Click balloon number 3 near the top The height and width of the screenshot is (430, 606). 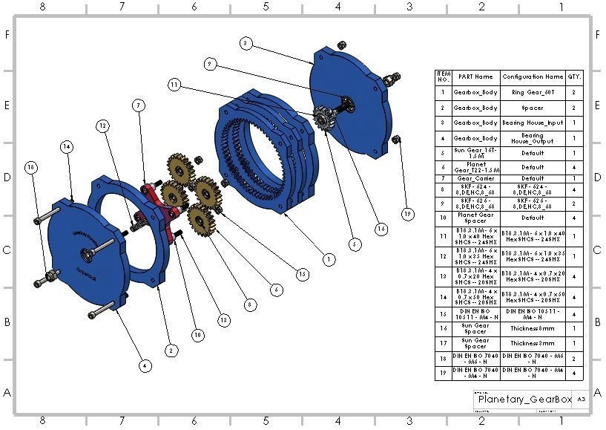[x=246, y=44]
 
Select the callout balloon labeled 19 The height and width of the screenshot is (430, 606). [x=407, y=215]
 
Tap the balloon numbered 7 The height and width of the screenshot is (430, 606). [x=138, y=105]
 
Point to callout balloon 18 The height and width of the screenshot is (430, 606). [x=30, y=167]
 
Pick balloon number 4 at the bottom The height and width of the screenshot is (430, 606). [x=145, y=365]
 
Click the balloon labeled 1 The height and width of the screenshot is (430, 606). [x=328, y=259]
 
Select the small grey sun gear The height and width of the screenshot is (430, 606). [x=323, y=118]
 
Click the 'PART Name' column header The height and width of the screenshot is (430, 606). [x=475, y=76]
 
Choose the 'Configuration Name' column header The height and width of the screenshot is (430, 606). [x=533, y=76]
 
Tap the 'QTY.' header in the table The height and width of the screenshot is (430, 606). [x=575, y=76]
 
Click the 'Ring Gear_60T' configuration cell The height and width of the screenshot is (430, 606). [x=533, y=93]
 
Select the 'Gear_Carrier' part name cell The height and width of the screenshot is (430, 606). [x=475, y=178]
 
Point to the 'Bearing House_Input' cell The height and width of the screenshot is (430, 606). [x=533, y=123]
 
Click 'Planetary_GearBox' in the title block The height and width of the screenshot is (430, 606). [x=524, y=400]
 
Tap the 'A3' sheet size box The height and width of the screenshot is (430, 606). [x=582, y=400]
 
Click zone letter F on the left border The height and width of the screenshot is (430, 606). [x=8, y=35]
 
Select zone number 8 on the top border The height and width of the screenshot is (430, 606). [x=42, y=7]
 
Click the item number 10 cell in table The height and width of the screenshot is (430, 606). [x=444, y=218]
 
